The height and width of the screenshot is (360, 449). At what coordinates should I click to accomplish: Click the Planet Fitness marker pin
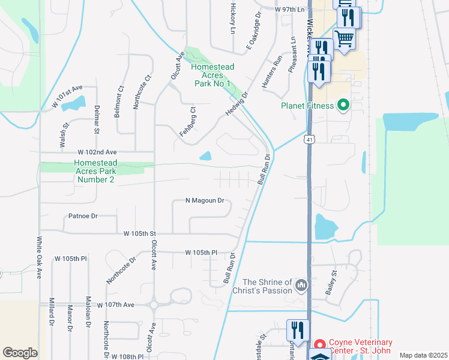343,106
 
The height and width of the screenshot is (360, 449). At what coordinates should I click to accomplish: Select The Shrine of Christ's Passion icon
301,286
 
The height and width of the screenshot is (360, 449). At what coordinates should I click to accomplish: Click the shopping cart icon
345,39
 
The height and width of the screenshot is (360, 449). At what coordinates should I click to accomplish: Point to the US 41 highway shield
309,139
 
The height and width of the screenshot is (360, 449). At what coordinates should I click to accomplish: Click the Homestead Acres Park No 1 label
212,75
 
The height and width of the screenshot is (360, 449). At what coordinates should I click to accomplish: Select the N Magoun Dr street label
205,200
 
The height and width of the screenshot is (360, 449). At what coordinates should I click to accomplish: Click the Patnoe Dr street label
83,215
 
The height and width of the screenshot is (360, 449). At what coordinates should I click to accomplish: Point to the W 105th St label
139,233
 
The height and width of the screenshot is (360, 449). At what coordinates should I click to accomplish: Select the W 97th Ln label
290,10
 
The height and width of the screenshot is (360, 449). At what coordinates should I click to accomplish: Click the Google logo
20,352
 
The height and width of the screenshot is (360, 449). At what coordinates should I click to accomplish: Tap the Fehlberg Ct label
187,122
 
